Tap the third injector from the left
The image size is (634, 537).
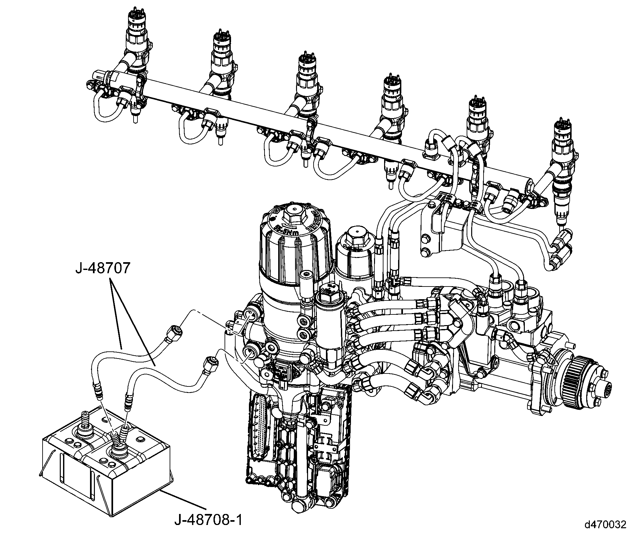[307, 84]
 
